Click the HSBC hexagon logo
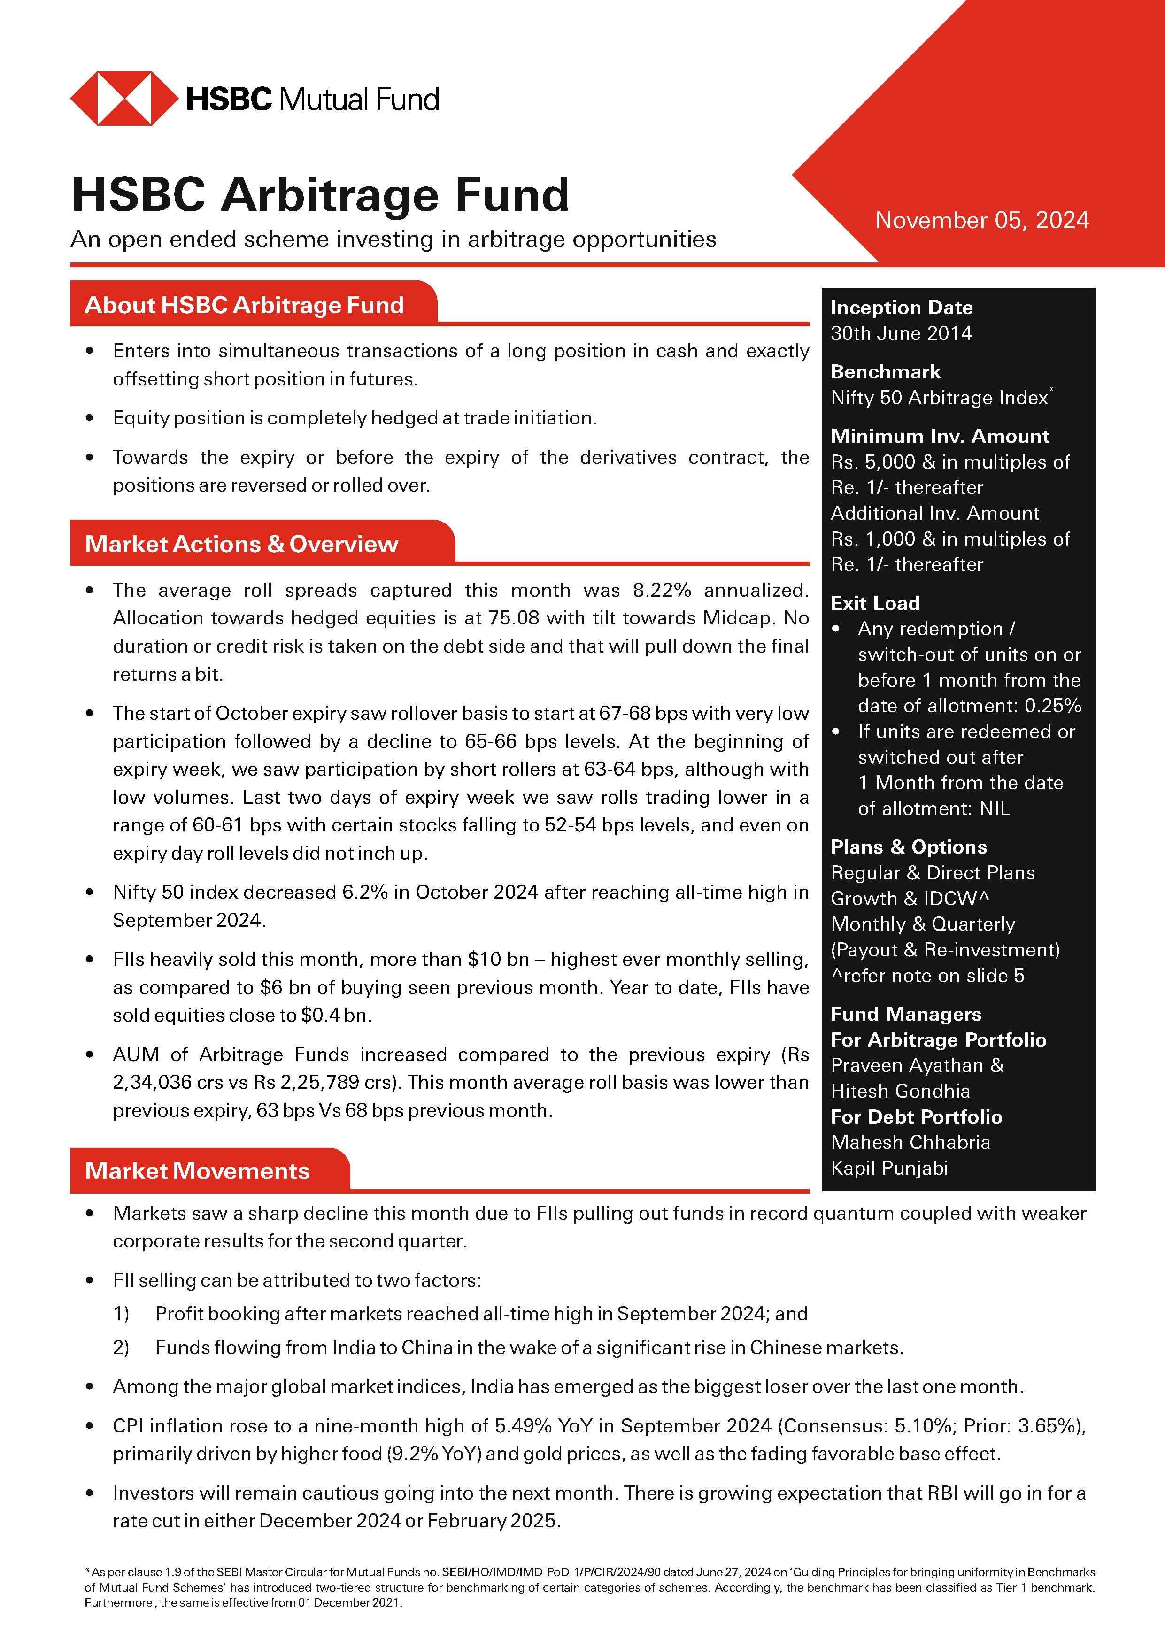(123, 99)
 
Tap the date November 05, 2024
(981, 220)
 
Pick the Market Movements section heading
(197, 1170)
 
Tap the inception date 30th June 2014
(901, 333)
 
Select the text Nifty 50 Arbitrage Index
(938, 398)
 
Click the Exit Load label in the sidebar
(874, 603)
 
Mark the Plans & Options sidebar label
(908, 847)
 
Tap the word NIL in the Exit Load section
(994, 808)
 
